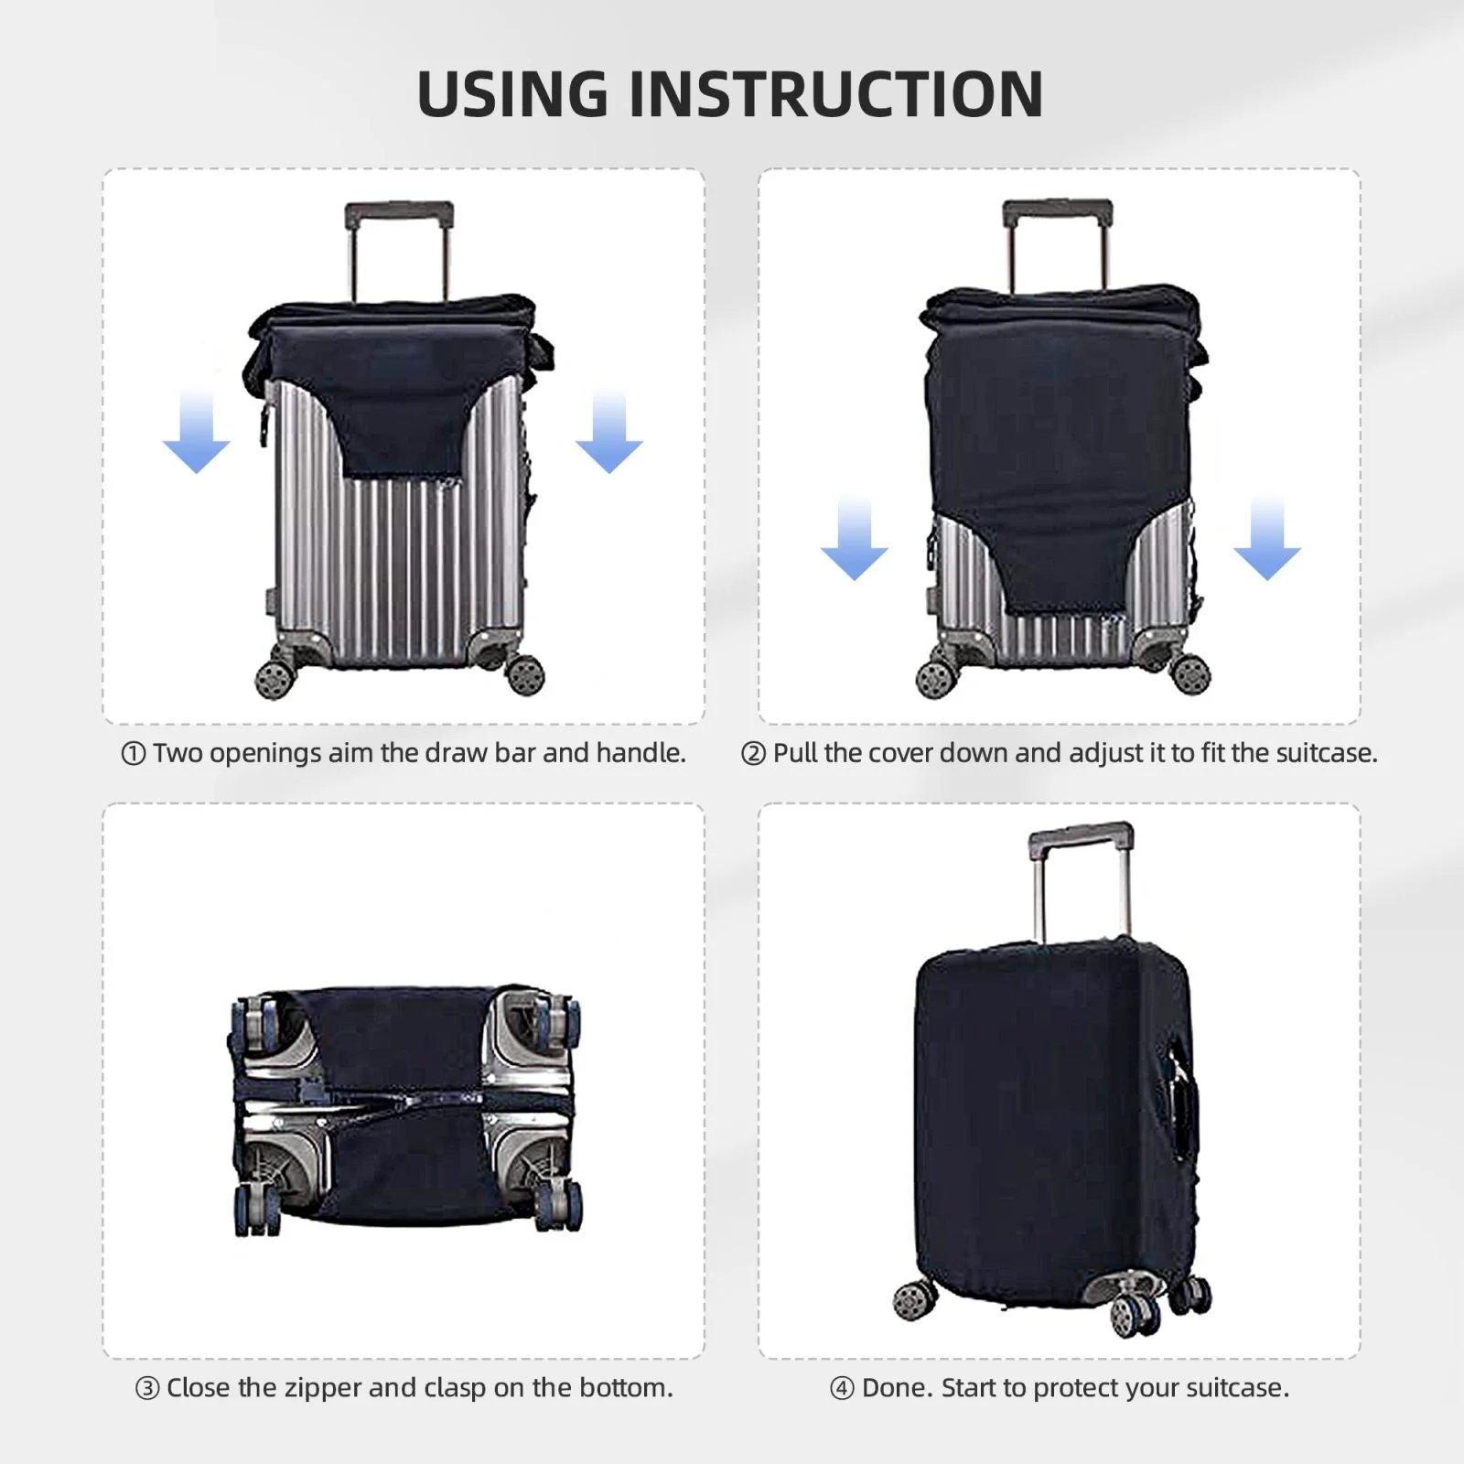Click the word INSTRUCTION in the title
836,94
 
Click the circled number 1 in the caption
134,754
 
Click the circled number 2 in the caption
753,754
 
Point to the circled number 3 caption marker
147,1389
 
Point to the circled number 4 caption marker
842,1389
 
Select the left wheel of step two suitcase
933,678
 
